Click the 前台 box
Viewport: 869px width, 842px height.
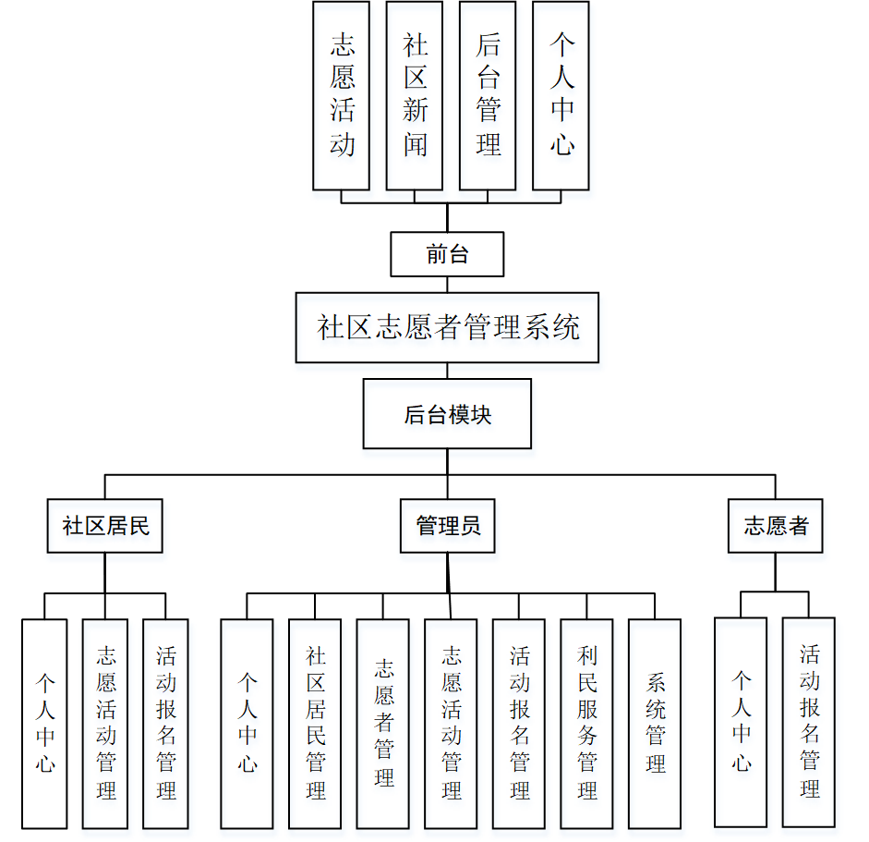click(447, 254)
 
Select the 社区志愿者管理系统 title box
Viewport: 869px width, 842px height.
click(447, 327)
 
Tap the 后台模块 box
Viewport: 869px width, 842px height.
click(447, 414)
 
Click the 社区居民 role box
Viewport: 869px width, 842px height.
click(105, 526)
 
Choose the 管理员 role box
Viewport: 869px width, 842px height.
click(447, 526)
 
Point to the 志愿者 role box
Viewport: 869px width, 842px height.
click(775, 526)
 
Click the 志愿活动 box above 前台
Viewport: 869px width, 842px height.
click(341, 95)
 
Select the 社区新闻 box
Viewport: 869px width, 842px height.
click(414, 95)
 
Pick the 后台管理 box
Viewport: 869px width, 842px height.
click(487, 95)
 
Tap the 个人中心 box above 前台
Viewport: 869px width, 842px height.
click(561, 95)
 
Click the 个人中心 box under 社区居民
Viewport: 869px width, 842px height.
click(44, 723)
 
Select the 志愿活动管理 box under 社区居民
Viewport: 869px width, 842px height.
click(105, 723)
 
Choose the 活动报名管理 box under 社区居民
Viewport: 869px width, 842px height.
click(165, 723)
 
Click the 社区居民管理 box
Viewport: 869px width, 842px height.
click(315, 723)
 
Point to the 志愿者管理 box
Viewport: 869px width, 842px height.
click(383, 723)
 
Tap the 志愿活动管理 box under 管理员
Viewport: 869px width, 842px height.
click(451, 723)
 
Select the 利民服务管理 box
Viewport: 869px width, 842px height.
click(586, 723)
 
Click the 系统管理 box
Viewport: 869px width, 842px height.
click(655, 723)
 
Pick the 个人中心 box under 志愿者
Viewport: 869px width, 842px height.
click(741, 722)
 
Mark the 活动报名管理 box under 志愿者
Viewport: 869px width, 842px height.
click(809, 722)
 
